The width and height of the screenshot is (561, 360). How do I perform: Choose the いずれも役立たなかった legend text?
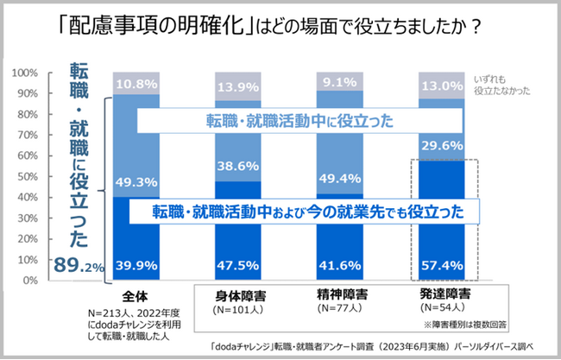(500, 83)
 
